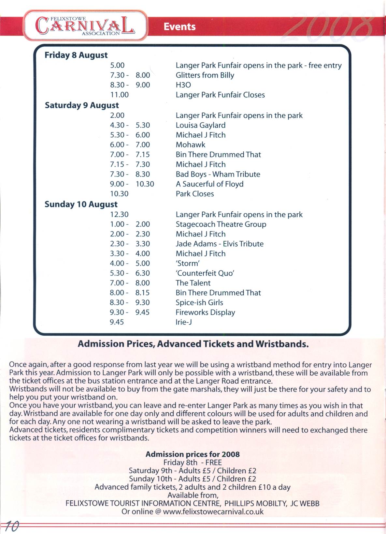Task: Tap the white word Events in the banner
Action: tap(179, 26)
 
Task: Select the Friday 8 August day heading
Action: tap(76, 55)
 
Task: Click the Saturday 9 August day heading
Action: tap(82, 105)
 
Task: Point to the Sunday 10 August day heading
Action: tap(81, 205)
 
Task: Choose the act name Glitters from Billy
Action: tap(205, 75)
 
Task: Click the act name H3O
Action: tap(183, 85)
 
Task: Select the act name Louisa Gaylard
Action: tap(200, 125)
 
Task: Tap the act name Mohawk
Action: tap(191, 145)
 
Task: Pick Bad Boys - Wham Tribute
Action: tap(218, 174)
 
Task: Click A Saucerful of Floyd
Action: tap(209, 184)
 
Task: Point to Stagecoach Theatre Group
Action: tap(221, 224)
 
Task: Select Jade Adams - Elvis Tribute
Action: tap(220, 244)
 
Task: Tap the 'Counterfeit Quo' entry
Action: tap(205, 273)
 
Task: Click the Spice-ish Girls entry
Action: tap(199, 303)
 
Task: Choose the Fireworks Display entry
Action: tap(205, 313)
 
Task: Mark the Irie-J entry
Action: tap(184, 322)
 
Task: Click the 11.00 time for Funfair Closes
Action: tap(119, 95)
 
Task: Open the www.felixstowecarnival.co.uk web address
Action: tap(213, 511)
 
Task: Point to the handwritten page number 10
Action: tap(12, 526)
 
